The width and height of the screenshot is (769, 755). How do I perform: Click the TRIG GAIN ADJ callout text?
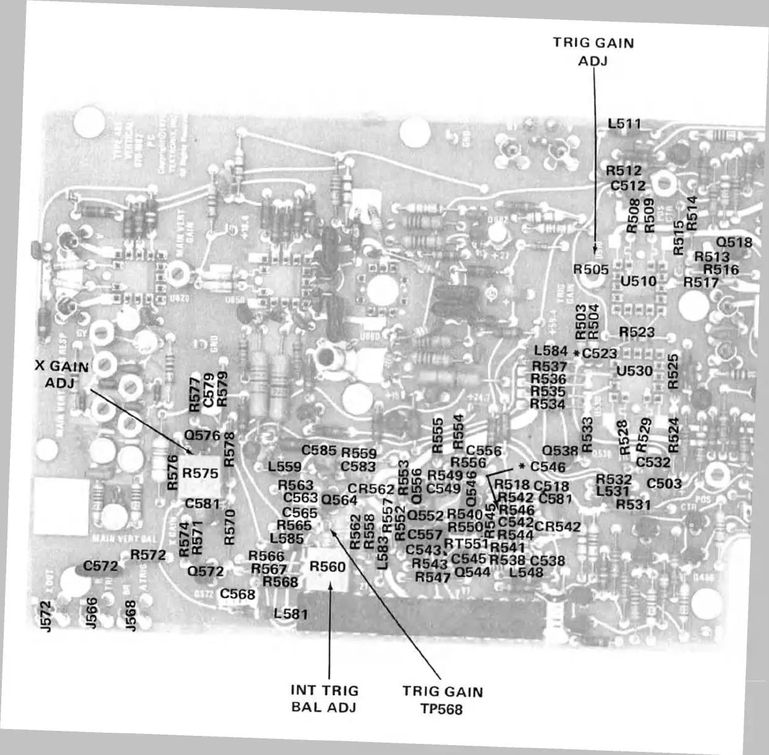coord(593,51)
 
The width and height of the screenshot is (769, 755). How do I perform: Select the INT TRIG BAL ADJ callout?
coord(324,699)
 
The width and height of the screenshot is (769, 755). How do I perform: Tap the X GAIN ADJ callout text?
coord(61,374)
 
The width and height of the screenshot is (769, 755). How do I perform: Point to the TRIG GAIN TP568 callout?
coord(442,700)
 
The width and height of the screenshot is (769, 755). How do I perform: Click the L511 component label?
coord(624,123)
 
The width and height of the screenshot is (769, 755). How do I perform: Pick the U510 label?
coord(638,281)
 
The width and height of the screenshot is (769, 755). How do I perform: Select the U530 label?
coord(635,371)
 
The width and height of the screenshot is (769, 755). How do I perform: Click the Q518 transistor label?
coord(734,243)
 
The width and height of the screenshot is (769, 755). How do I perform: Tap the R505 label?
coord(591,269)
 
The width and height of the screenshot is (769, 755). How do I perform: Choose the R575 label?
coord(200,473)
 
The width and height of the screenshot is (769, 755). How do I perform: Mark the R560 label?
coord(328,566)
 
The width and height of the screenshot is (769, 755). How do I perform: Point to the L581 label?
coord(290,613)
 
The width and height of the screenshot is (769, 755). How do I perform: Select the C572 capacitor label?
coord(100,566)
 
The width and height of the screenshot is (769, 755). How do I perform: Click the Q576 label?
coord(202,435)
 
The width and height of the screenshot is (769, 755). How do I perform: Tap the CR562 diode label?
coord(370,489)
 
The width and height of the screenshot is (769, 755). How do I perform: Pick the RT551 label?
coord(466,543)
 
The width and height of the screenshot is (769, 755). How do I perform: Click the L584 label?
coord(550,351)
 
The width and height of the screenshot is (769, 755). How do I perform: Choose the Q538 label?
coord(560,451)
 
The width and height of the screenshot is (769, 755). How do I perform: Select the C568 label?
coord(238,594)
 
